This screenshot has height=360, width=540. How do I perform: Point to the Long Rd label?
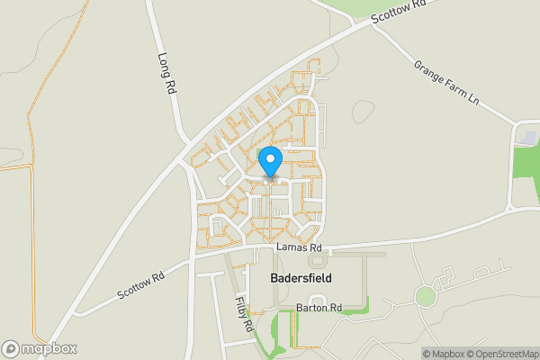pos(166,74)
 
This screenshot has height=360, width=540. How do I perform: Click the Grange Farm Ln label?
pos(447,84)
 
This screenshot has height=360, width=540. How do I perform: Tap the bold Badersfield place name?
pos(301,278)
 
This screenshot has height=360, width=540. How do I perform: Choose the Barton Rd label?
pos(319,308)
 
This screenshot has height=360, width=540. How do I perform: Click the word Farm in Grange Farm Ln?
pos(446,83)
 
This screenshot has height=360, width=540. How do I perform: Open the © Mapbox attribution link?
pos(444,354)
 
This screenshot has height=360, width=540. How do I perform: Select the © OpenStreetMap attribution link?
pos(502,354)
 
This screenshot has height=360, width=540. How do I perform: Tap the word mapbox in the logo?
pos(49,349)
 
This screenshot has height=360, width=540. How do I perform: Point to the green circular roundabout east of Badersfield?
pos(425,295)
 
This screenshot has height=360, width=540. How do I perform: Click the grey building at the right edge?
pos(528,136)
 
